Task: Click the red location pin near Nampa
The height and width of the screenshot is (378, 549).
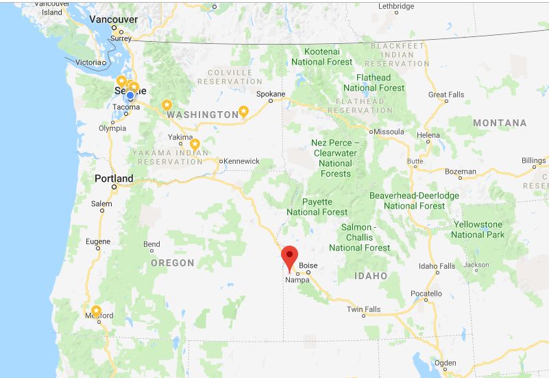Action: (290, 257)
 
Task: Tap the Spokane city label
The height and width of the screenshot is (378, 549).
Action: (270, 93)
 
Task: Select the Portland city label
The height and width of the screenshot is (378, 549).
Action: (114, 178)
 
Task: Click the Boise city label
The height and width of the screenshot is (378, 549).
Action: (308, 265)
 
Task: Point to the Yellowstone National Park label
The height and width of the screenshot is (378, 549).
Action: (478, 229)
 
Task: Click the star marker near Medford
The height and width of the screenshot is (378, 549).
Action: (96, 311)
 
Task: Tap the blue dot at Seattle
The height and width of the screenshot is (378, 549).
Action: (130, 95)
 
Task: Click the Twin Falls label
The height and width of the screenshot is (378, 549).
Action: (363, 309)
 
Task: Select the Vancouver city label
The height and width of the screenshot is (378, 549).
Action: (113, 20)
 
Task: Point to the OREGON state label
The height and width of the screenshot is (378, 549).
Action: (173, 263)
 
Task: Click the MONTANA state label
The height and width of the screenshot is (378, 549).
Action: (500, 123)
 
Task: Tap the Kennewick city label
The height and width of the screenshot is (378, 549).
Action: (241, 161)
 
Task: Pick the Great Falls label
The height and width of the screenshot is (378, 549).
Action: (446, 95)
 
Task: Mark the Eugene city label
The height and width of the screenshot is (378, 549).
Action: (97, 241)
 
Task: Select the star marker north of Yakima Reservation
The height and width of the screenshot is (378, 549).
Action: (195, 144)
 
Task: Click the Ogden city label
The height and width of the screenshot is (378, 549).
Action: (444, 364)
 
